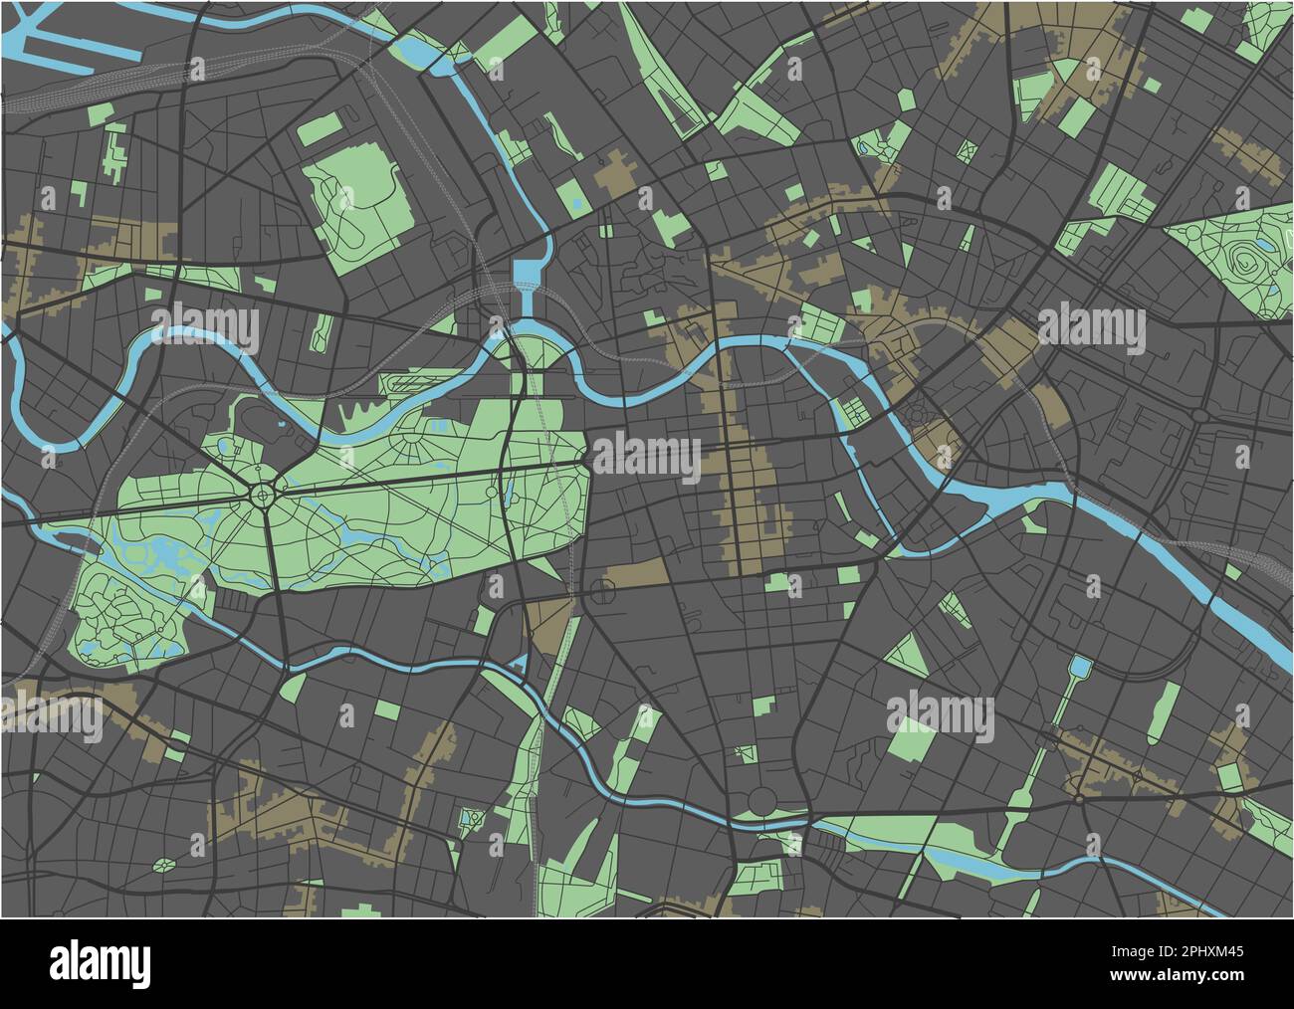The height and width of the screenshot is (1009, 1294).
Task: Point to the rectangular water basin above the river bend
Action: (526, 272)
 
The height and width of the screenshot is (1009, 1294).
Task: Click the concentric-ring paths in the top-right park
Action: (1245, 264)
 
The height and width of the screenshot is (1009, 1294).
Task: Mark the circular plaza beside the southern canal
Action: (758, 799)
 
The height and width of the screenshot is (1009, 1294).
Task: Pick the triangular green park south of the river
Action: (906, 654)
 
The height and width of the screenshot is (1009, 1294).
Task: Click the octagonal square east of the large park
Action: (604, 592)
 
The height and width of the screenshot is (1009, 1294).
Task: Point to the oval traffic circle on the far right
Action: (1199, 414)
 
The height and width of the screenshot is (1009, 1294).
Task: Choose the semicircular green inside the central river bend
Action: (538, 350)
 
